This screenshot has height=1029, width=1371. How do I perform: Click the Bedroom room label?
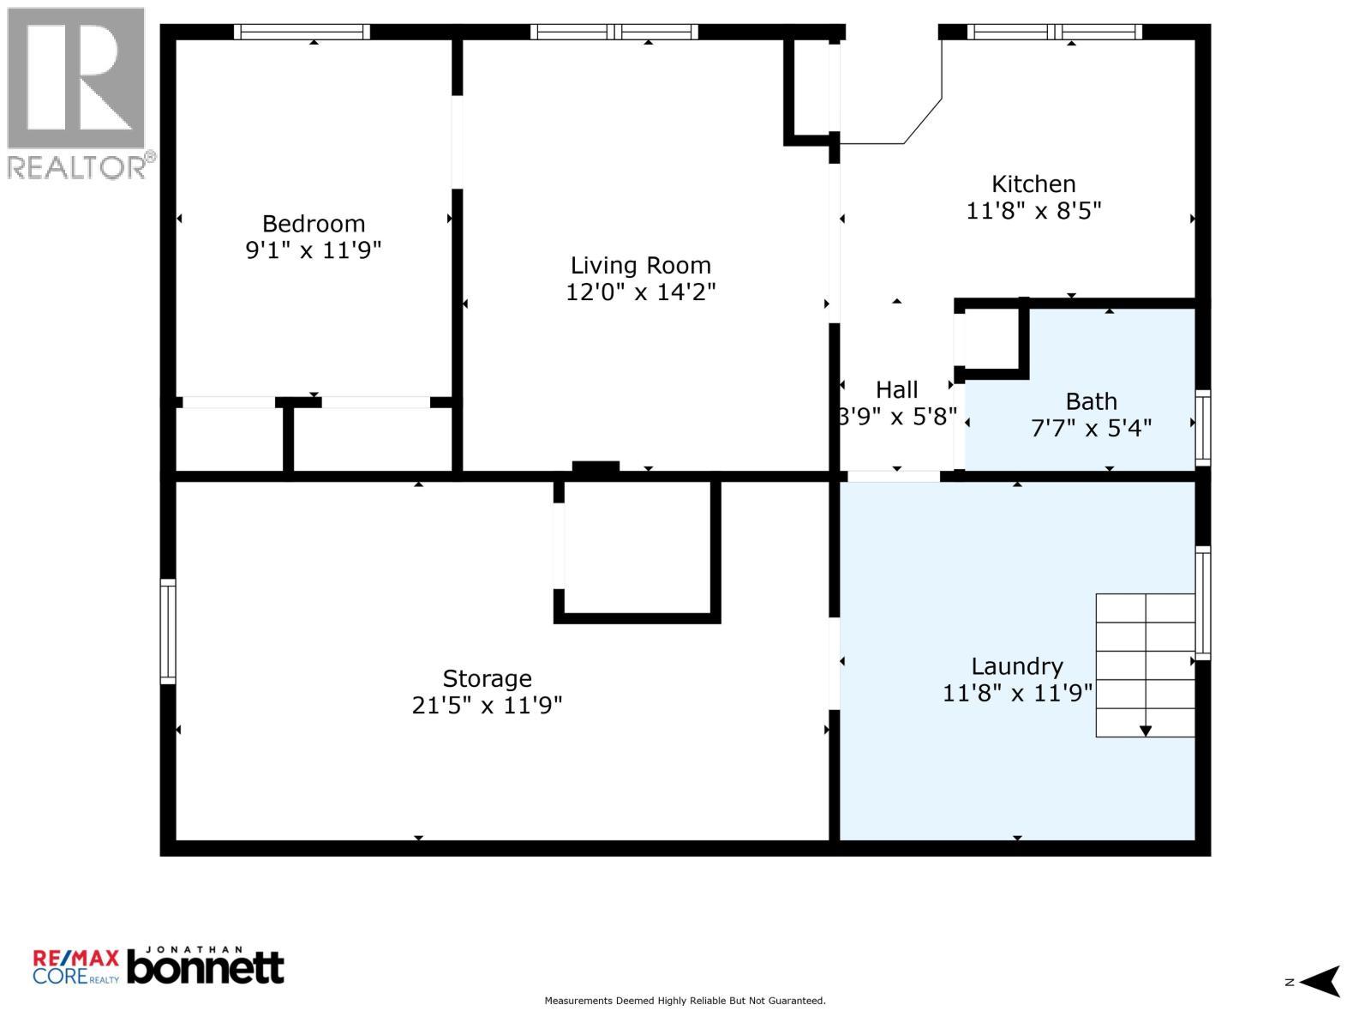[x=313, y=224]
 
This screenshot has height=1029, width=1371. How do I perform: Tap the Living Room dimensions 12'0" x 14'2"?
[x=640, y=292]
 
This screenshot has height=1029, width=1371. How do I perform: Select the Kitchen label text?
[x=1033, y=184]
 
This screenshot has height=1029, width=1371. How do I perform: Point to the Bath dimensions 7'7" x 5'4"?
[x=1091, y=429]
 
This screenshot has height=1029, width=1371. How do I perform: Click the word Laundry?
[x=1017, y=667]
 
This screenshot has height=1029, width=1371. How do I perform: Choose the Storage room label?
[x=488, y=679]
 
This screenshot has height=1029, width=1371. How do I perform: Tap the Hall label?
[x=896, y=390]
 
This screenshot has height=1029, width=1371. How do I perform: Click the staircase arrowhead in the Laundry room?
[x=1145, y=731]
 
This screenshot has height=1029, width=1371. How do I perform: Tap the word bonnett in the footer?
[x=206, y=968]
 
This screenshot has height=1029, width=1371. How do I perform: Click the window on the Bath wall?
[x=1202, y=428]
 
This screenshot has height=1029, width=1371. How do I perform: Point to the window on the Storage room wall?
[x=167, y=631]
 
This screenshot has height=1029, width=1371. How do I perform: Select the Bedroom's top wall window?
[x=302, y=32]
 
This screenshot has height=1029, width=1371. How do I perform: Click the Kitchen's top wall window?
[x=1054, y=32]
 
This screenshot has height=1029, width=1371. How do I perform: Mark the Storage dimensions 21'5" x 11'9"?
[x=488, y=706]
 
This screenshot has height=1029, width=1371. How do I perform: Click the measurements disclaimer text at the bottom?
[x=685, y=1001]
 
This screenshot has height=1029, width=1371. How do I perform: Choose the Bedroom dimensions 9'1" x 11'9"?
[x=313, y=250]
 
